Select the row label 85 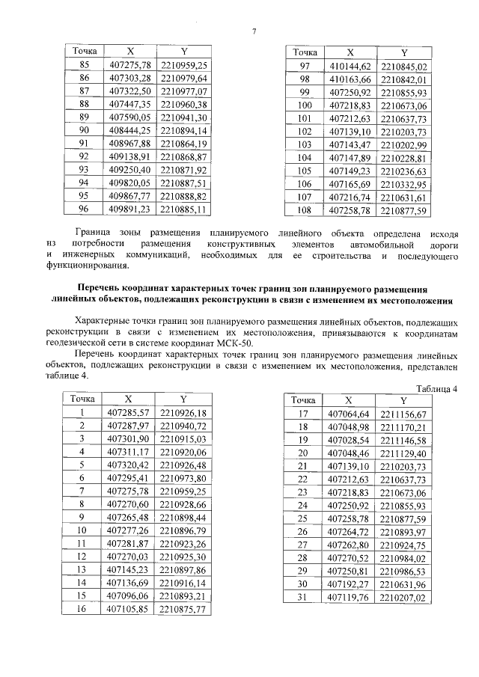point(84,65)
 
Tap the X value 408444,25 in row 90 point(130,130)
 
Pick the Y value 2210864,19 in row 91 point(183,144)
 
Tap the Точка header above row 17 point(304,400)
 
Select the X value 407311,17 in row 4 point(130,452)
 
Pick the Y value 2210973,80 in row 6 point(183,477)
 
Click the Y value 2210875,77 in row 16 point(183,609)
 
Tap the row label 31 point(304,598)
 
